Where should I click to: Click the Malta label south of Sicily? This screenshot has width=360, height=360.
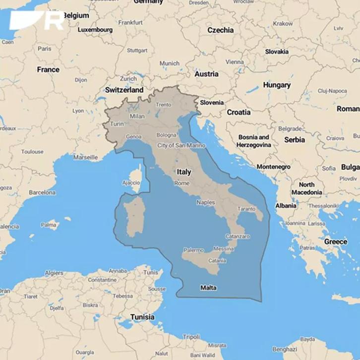[x=208, y=288]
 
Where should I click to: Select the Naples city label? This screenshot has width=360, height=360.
[x=206, y=202]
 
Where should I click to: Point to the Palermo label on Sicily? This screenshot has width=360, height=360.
[x=193, y=250]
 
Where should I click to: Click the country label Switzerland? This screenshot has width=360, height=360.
[x=124, y=90]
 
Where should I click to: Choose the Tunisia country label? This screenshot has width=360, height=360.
[x=142, y=317]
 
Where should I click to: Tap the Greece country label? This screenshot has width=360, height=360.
[x=336, y=241]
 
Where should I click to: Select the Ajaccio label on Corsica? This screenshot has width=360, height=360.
[x=131, y=182]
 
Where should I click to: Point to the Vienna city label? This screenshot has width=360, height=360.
[x=235, y=62]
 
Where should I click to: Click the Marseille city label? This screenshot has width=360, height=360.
[x=85, y=157]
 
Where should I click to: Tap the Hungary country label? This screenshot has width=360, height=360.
[x=277, y=85]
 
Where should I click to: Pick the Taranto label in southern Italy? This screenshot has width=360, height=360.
[x=246, y=210]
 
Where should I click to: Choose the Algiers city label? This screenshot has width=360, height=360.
[x=54, y=273]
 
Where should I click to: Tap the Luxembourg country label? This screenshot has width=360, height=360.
[x=95, y=30]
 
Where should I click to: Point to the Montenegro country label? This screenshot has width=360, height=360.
[x=273, y=167]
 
